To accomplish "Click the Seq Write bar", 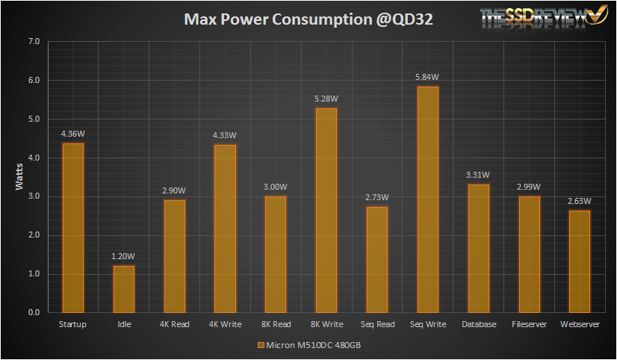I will click(x=428, y=199).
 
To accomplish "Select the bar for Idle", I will click(x=124, y=289).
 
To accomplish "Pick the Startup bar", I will click(x=72, y=228).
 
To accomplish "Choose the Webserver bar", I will click(x=580, y=261).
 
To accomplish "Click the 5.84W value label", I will click(x=428, y=77).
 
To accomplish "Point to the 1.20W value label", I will click(x=124, y=256).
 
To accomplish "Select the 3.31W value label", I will click(x=479, y=175).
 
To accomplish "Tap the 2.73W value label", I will click(x=377, y=197).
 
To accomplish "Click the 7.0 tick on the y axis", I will click(x=34, y=42).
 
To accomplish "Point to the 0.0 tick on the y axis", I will click(x=34, y=313).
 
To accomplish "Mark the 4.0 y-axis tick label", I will click(x=34, y=158).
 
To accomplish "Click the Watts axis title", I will click(x=20, y=177).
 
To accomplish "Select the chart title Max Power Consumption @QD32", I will click(x=308, y=19).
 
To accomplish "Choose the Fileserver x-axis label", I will click(x=529, y=324).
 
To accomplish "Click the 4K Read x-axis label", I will click(x=174, y=324).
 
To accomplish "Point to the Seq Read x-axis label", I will click(x=377, y=324).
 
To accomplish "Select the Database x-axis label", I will click(x=479, y=324).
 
